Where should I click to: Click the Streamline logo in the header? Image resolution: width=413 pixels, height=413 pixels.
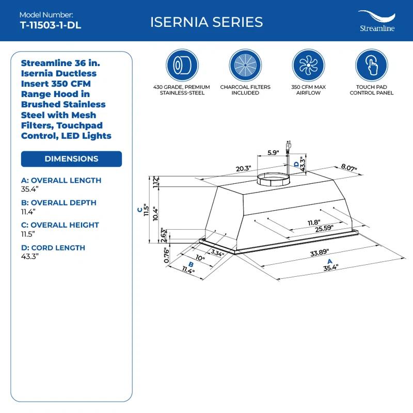pos(377,22)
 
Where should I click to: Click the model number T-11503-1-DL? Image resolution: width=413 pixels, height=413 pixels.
pos(44,25)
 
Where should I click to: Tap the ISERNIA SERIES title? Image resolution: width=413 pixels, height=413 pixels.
pos(206,22)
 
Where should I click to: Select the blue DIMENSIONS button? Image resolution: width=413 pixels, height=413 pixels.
pos(71,159)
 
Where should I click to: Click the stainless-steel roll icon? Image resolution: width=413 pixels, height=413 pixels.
pos(182,66)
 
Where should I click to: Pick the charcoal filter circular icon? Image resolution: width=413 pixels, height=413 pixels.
pos(245,66)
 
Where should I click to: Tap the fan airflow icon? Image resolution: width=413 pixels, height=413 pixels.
pos(309,66)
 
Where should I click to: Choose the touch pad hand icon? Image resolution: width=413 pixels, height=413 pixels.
pos(372,66)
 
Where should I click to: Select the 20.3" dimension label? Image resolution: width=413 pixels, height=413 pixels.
pos(243,168)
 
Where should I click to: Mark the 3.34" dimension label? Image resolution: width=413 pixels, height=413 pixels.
pos(217,253)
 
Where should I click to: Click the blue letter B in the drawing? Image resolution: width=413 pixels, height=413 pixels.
pos(191,264)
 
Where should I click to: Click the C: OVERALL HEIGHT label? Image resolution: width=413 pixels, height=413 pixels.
pos(60,225)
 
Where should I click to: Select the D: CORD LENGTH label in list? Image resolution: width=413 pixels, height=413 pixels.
pos(53,248)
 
